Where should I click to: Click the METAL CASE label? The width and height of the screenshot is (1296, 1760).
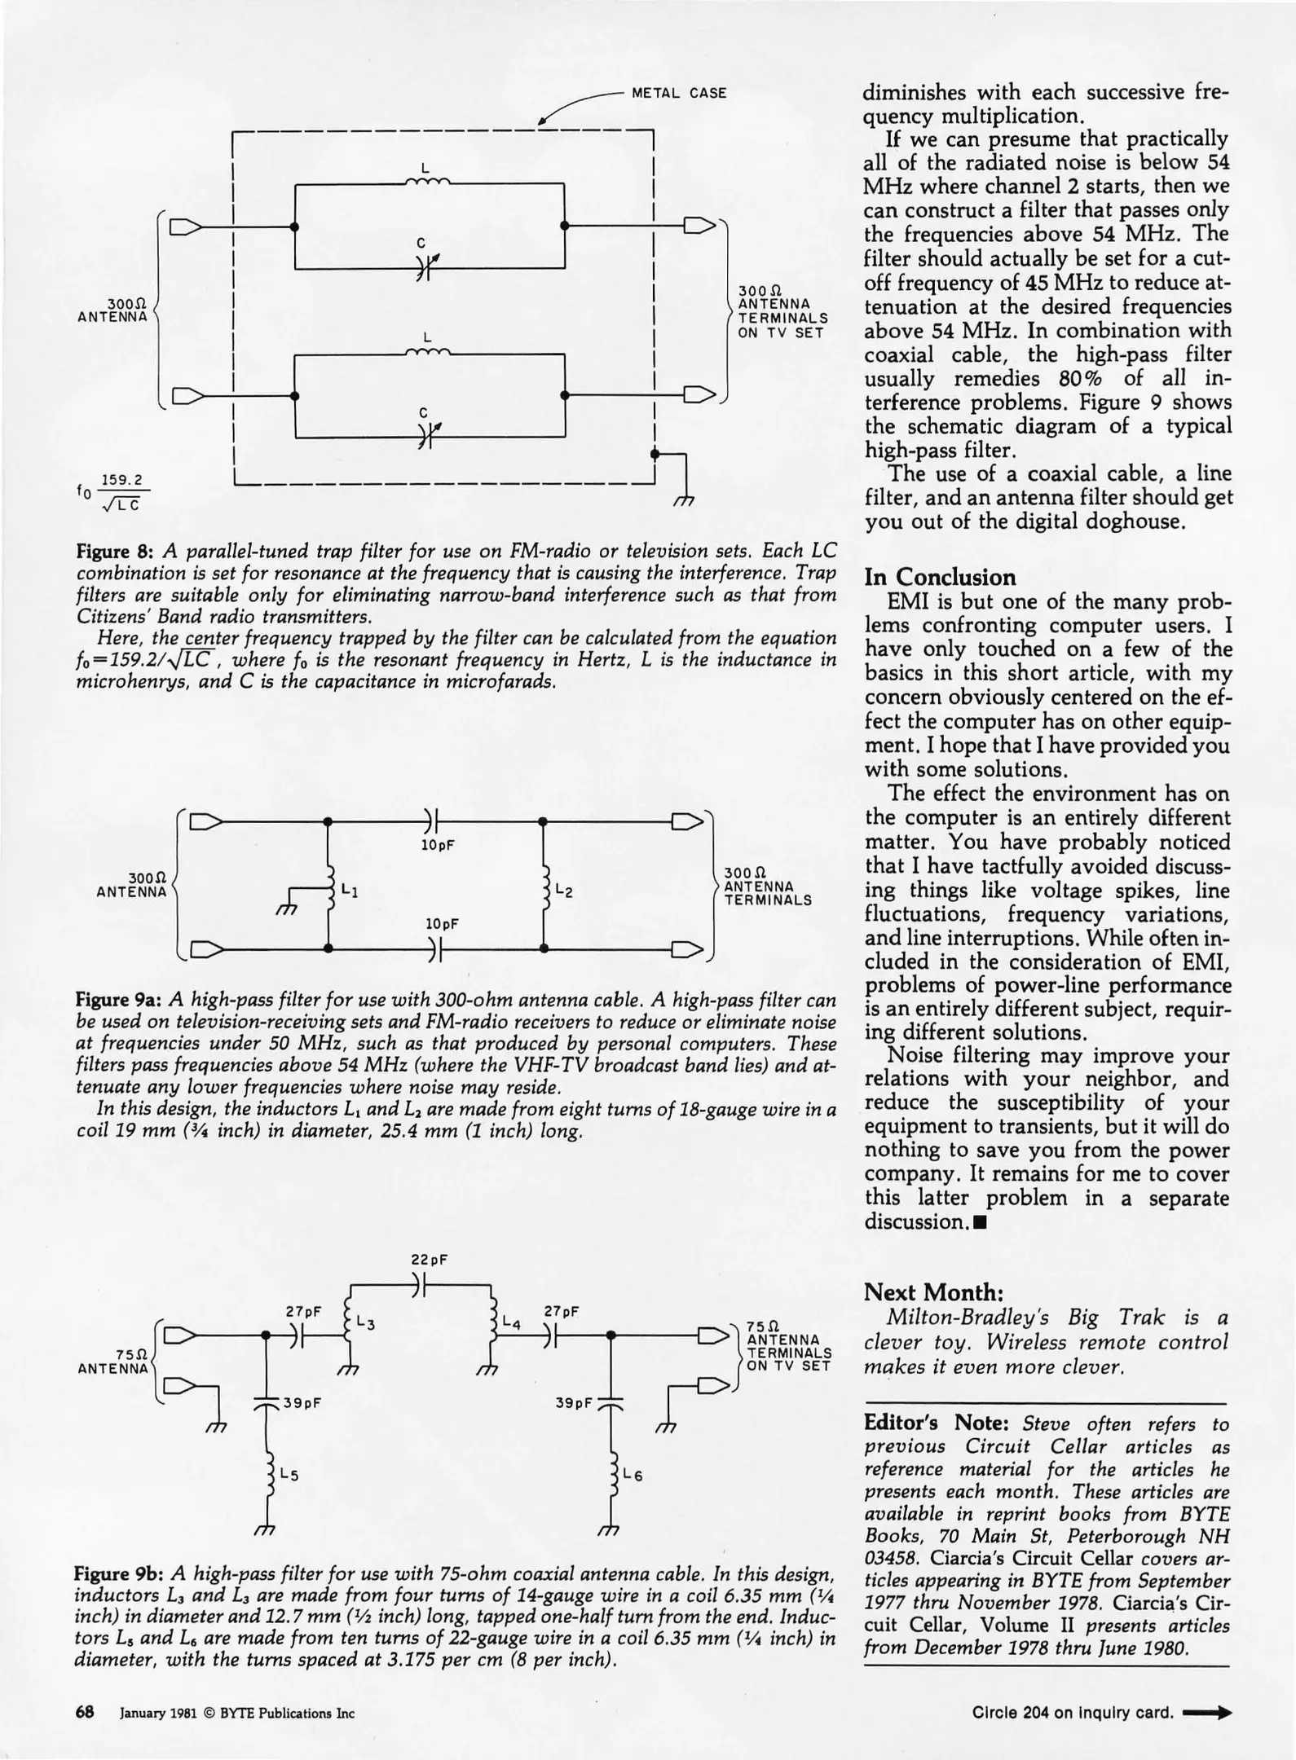(679, 93)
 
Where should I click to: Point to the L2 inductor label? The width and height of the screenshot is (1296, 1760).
(564, 891)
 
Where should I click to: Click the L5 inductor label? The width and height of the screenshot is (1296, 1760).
(289, 1474)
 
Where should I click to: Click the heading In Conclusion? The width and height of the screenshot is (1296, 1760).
(940, 577)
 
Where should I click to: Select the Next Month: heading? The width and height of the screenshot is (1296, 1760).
(932, 1292)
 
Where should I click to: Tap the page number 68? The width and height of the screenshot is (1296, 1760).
(85, 1711)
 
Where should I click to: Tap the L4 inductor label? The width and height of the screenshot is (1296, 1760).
(512, 1324)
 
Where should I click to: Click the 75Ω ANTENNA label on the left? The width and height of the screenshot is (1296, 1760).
(113, 1361)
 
